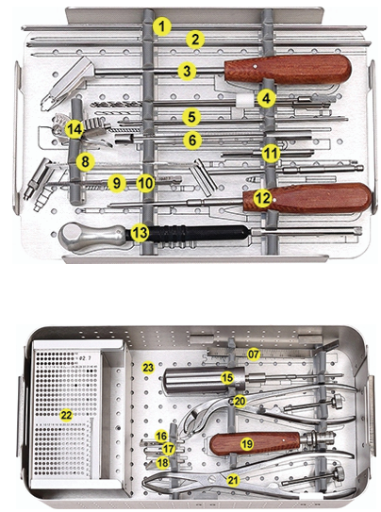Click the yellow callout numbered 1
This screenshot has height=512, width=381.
[x=163, y=25]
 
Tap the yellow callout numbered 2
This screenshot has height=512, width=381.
[x=194, y=40]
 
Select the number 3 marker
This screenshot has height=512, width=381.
[x=187, y=70]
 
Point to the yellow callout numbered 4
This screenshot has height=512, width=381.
[x=267, y=97]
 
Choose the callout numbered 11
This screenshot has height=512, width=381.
[x=271, y=152]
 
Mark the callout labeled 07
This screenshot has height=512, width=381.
[x=253, y=354]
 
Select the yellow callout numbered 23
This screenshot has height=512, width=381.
[x=148, y=366]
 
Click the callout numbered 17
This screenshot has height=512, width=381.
[x=168, y=450]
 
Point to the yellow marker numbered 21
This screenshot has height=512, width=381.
[x=232, y=480]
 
